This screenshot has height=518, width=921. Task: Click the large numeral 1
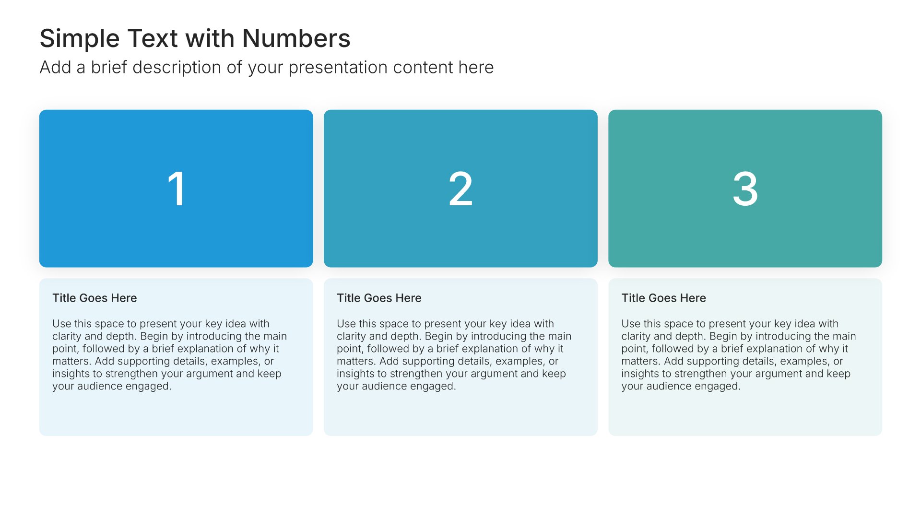(177, 189)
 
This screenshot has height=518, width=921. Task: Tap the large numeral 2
(460, 189)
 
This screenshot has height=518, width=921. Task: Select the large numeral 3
(745, 189)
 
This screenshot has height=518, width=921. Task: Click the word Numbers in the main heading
(296, 38)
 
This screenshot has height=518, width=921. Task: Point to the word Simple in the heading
(80, 38)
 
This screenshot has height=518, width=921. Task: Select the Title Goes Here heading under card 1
(94, 298)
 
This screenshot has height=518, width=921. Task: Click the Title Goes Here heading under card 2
(379, 298)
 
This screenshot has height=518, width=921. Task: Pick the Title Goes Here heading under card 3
(663, 298)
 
